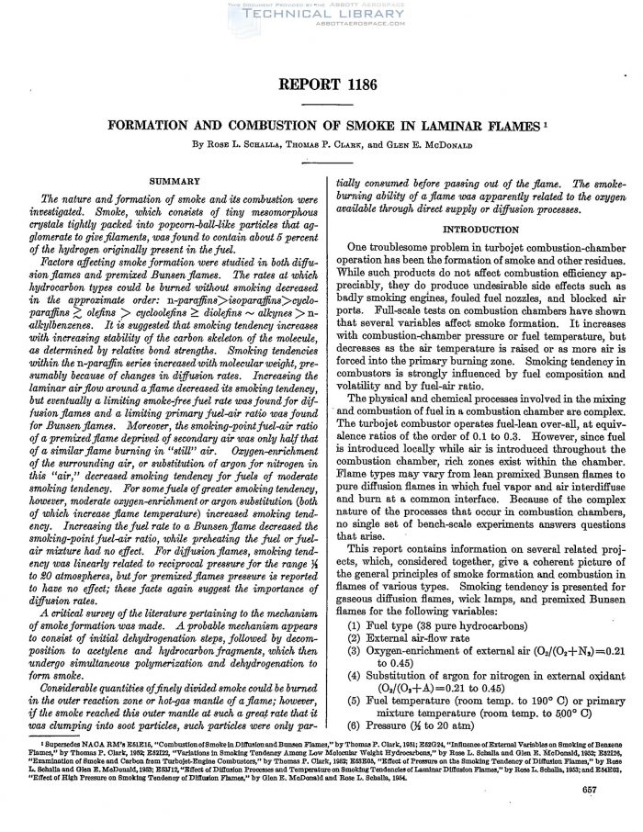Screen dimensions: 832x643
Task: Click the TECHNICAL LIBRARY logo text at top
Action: (x=321, y=17)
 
